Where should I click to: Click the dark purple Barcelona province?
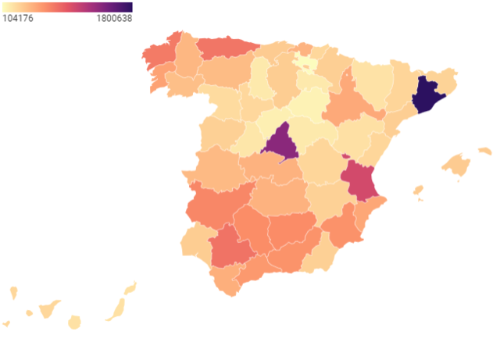click(427, 95)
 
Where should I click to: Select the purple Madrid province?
click(280, 143)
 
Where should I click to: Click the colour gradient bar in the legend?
click(66, 7)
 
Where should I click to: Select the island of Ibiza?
click(418, 190)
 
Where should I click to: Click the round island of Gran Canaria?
click(75, 322)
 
